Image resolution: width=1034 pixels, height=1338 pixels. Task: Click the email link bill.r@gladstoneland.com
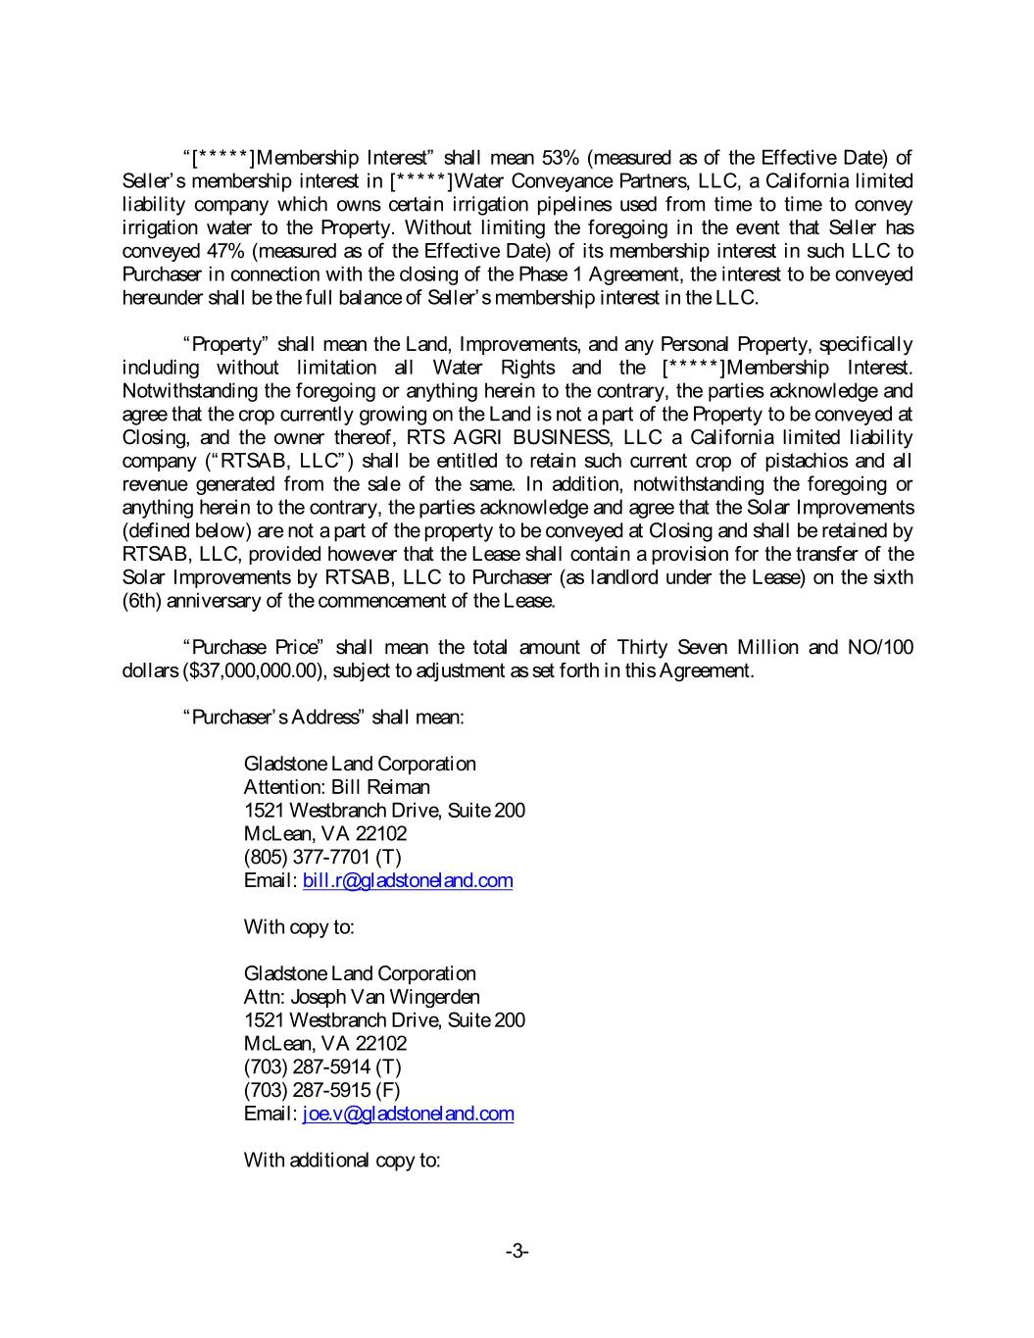tap(408, 880)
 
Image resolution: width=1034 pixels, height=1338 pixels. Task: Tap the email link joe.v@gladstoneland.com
tap(408, 1114)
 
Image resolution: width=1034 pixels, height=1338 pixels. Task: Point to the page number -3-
tap(517, 1251)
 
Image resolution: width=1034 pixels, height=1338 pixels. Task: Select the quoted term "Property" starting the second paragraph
tap(226, 344)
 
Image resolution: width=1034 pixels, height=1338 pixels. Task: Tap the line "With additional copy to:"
tap(341, 1161)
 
